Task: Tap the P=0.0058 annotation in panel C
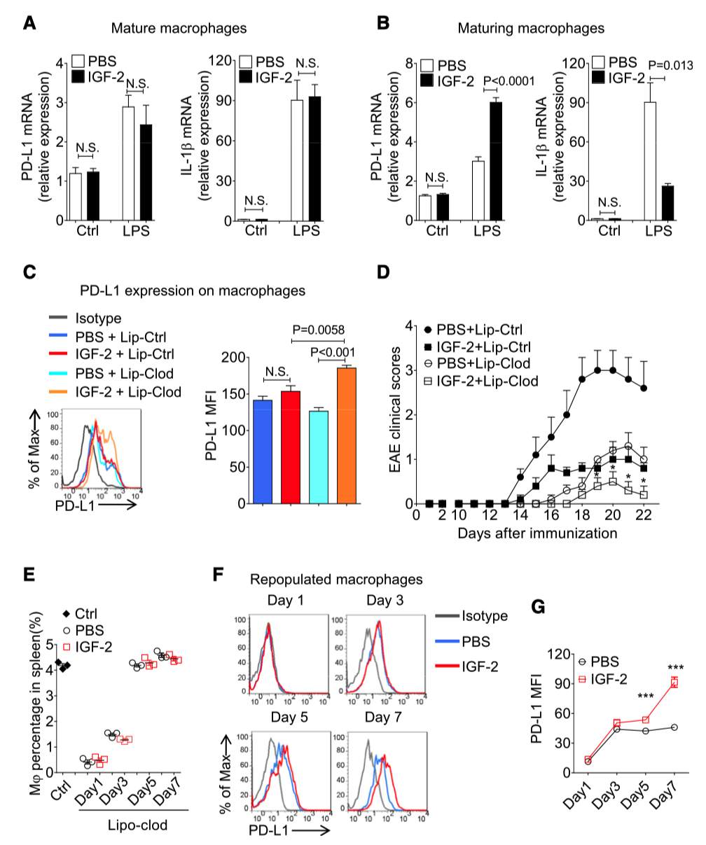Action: point(318,328)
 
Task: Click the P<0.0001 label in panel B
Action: point(504,81)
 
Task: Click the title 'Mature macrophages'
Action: point(181,29)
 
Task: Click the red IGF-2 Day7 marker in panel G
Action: point(674,683)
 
